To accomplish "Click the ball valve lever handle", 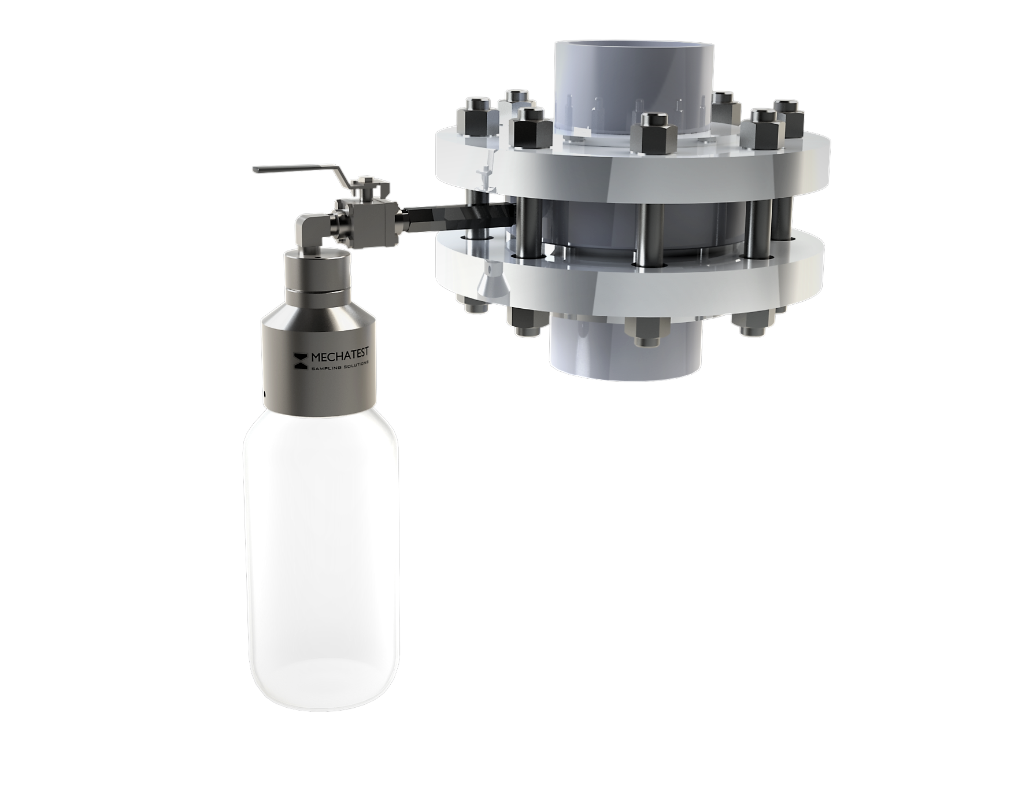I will point(295,169).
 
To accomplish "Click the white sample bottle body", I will point(321,538).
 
